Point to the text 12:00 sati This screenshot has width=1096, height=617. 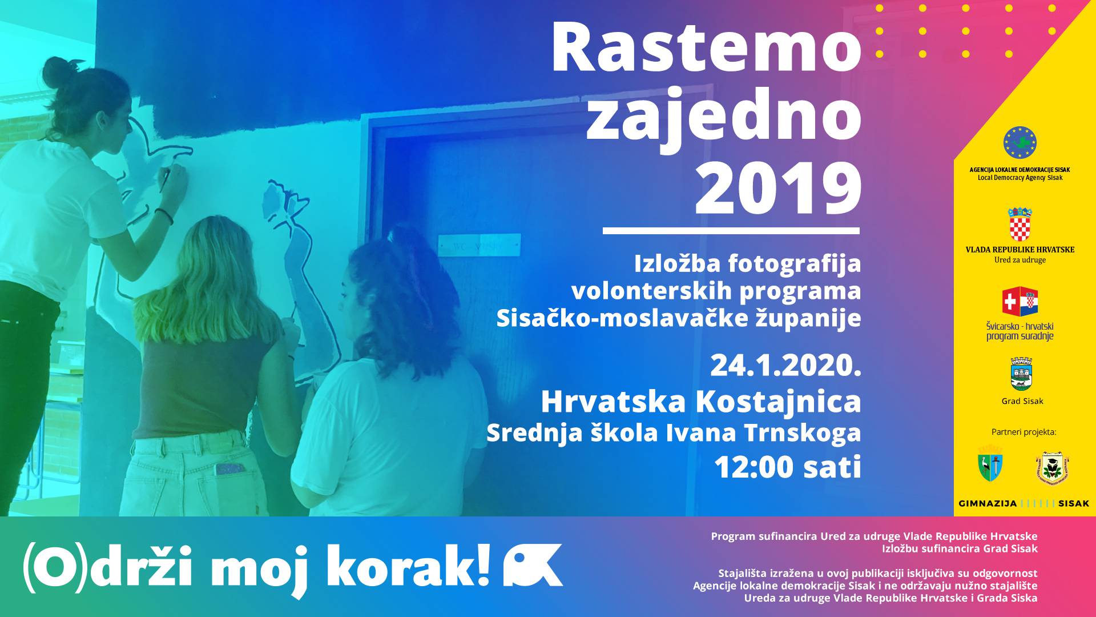coord(788,467)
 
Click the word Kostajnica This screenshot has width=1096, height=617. coord(778,402)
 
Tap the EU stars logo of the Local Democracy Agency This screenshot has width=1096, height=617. coord(1020,143)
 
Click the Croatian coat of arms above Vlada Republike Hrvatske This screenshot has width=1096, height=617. coord(1020,224)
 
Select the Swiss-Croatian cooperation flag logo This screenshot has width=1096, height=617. coord(1020,301)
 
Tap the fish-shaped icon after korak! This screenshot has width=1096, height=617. coord(533,565)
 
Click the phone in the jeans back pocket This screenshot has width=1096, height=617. coord(230,469)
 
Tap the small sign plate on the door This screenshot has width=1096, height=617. coord(479,245)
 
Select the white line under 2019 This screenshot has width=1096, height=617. coord(731,231)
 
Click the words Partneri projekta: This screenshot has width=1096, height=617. coord(1024,432)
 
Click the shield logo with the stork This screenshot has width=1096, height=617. coord(990,466)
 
